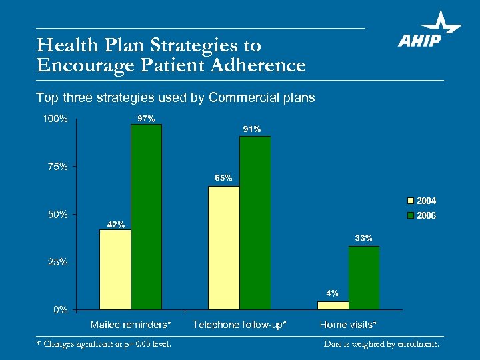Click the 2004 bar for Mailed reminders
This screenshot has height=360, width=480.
coord(115,269)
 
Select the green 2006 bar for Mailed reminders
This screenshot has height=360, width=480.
coord(146,217)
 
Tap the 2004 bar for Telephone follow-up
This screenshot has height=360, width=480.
coord(224,247)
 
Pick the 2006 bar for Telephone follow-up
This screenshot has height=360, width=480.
coord(255,223)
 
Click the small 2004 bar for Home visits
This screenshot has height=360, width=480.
coord(333,305)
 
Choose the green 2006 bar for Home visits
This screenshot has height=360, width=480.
coord(363,278)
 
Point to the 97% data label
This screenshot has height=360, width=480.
coord(146,119)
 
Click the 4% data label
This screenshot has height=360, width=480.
coord(332,293)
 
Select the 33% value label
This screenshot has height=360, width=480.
coord(363,238)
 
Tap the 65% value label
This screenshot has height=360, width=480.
coord(223,178)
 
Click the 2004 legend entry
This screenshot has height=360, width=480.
coord(421,200)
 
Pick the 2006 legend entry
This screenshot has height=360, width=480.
coord(421,216)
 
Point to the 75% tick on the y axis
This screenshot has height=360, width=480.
coord(57,167)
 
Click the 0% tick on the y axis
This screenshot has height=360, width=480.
coord(60,310)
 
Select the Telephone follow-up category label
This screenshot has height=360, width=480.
coord(239,325)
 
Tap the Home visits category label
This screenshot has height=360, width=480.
coord(348,325)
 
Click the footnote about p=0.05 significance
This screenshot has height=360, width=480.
coord(103,344)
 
